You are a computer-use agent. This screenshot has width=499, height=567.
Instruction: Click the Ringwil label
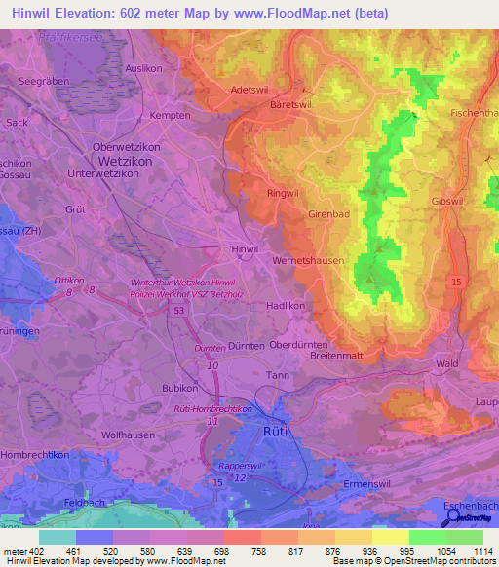click(283, 193)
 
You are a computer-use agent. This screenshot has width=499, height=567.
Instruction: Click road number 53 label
click(178, 310)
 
